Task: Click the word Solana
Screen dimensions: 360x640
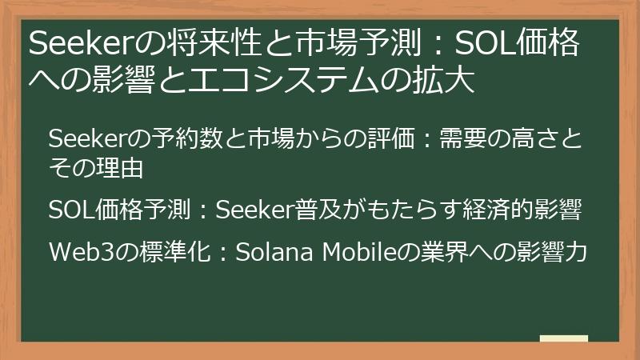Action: (270, 252)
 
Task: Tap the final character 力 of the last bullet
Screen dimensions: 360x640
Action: (578, 252)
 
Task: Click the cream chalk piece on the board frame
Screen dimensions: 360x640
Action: (563, 339)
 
